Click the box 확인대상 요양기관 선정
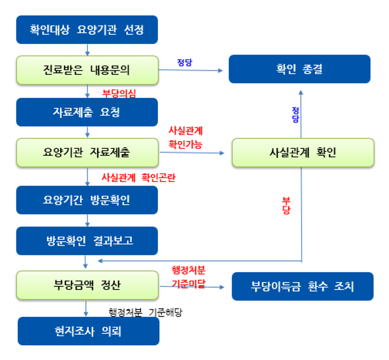point(87,30)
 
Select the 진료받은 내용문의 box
point(87,70)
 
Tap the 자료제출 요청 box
point(87,112)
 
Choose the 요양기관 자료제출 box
point(87,152)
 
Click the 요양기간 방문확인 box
point(87,200)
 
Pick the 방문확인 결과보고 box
point(87,241)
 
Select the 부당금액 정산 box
point(87,285)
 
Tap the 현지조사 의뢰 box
point(88,332)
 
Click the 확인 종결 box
point(299,69)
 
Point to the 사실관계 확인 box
point(303,153)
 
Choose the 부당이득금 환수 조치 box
point(302,286)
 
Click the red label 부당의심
point(119,93)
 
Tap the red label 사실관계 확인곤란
point(138,178)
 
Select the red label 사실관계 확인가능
point(185,137)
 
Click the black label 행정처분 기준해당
point(145,313)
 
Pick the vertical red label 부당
point(286,205)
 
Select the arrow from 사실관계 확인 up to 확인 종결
point(301,114)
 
